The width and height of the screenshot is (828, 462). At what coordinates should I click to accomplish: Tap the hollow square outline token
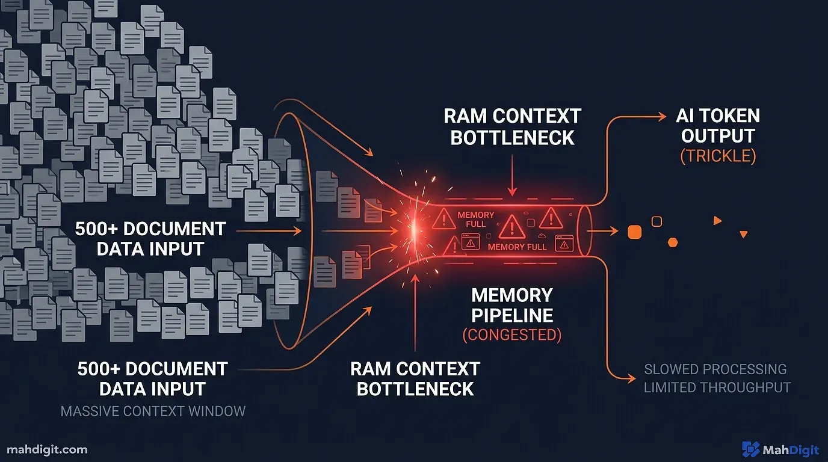tap(657, 221)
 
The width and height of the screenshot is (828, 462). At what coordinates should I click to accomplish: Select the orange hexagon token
tap(673, 242)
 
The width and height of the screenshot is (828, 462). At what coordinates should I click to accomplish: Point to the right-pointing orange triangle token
tap(717, 221)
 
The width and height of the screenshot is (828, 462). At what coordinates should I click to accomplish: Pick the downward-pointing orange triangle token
tap(744, 234)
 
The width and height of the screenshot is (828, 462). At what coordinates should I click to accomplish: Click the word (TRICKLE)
tap(718, 156)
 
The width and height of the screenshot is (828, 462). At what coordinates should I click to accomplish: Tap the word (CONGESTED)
tap(511, 335)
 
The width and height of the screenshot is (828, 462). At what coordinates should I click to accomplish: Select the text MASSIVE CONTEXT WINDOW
tap(153, 411)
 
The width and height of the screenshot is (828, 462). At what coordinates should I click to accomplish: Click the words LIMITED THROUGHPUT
tap(717, 387)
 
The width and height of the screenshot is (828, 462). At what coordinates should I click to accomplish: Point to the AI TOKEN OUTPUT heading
tap(718, 126)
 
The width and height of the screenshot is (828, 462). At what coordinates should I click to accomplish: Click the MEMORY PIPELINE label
tap(512, 305)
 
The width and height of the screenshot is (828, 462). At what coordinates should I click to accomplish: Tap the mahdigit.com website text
tap(48, 449)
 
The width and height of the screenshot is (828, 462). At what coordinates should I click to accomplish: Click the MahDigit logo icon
tap(751, 449)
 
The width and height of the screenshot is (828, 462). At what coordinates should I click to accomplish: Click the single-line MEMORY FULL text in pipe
tap(517, 247)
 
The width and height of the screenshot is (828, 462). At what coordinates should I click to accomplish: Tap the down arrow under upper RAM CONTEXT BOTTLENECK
tap(511, 189)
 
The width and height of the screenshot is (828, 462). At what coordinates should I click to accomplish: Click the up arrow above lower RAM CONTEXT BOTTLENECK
tap(415, 280)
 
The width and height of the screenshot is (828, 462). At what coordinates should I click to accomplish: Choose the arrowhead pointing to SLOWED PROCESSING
tap(631, 378)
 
